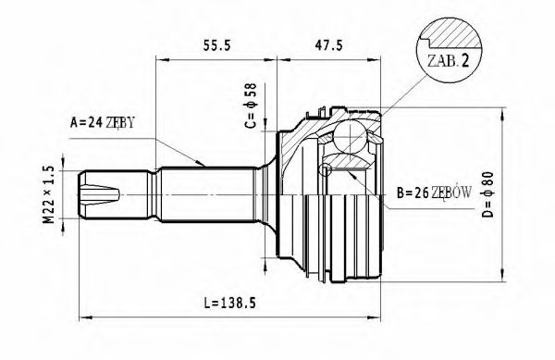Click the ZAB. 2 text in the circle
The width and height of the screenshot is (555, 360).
coord(448,62)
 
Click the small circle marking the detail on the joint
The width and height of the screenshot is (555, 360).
coord(326,169)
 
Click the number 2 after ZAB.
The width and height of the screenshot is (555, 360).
coord(465,62)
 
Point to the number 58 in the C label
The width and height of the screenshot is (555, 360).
coord(248,92)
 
